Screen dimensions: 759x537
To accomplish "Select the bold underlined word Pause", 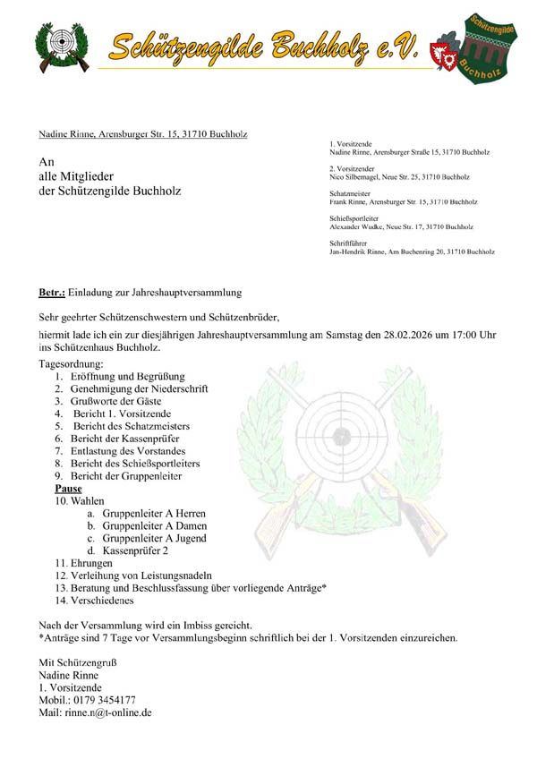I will (68, 489).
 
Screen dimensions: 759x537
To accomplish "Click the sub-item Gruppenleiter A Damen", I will (154, 526).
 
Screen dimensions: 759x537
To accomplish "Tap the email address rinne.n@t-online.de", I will (107, 712).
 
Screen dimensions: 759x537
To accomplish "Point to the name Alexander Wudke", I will (359, 227).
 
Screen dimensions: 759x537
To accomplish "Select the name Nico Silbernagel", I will (356, 177).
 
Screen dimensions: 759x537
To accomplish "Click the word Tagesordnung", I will (72, 364).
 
